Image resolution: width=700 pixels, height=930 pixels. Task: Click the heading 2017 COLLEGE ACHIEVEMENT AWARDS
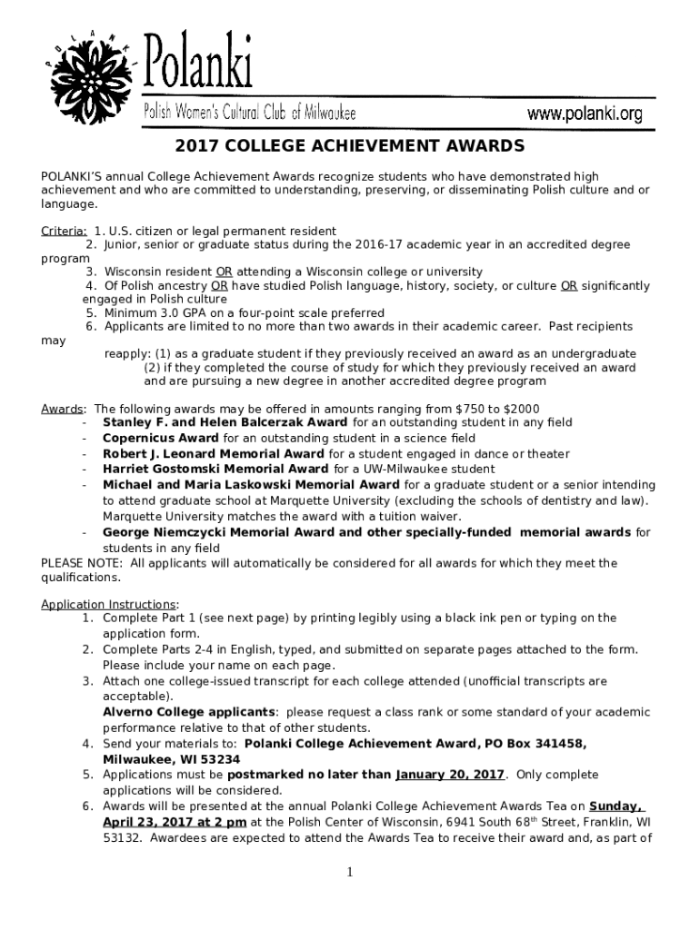click(350, 146)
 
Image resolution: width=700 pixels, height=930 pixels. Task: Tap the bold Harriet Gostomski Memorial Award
click(215, 469)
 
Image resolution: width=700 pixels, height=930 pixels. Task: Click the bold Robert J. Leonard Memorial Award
click(213, 453)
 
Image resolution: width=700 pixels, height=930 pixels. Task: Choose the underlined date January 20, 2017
click(450, 774)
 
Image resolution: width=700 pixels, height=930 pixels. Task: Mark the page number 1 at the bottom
click(349, 873)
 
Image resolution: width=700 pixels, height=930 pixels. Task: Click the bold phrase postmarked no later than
click(309, 774)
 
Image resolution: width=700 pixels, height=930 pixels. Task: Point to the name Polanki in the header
click(198, 70)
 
